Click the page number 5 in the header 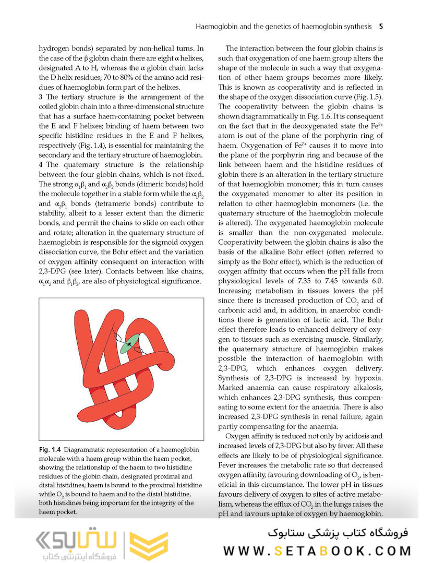(x=381, y=26)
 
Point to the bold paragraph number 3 (x=41, y=97)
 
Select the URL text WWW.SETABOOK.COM (x=317, y=550)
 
